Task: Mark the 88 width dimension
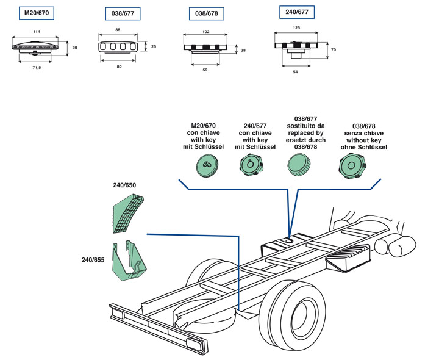[117, 31]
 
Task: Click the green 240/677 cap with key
[250, 164]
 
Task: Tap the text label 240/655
[93, 260]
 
